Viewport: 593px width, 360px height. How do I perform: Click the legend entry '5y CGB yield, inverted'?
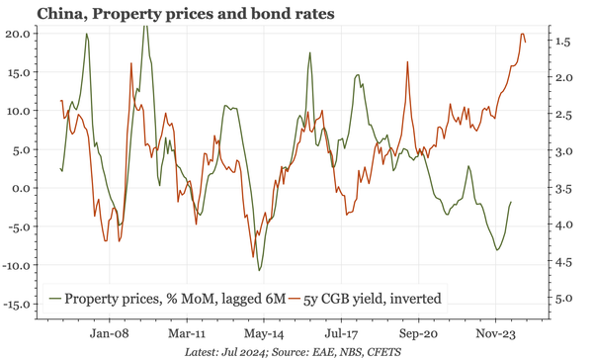[368, 297]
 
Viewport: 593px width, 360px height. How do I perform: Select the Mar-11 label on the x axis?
[186, 334]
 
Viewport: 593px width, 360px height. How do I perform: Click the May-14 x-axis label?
[263, 334]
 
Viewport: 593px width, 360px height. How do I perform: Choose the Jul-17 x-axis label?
[340, 334]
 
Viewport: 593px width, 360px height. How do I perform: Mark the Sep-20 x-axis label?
[417, 334]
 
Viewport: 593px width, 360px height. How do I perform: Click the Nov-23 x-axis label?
[494, 334]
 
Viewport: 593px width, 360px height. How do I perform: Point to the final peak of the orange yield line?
[522, 34]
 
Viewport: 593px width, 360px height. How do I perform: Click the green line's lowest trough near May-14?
[259, 270]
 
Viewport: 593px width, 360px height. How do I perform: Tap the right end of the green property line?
[511, 202]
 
